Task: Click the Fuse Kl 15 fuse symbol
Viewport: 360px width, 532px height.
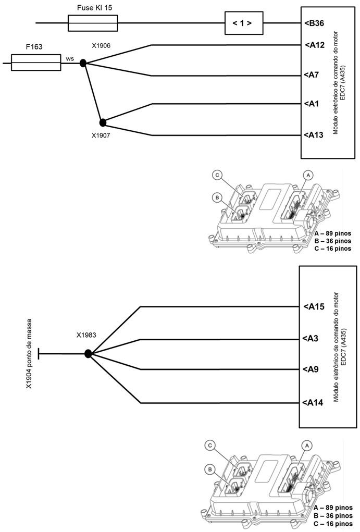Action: tap(93, 23)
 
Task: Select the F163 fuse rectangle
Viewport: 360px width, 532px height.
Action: tap(35, 63)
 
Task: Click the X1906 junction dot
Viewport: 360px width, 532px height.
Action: tap(83, 64)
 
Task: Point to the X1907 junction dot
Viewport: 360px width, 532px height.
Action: tap(103, 122)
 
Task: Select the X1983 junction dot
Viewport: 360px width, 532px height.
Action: tap(88, 354)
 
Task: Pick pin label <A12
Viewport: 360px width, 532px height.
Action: tap(314, 45)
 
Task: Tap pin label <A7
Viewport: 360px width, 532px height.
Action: tap(312, 75)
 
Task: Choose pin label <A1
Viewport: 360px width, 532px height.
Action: tap(312, 104)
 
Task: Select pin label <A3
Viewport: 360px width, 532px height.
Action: tap(312, 339)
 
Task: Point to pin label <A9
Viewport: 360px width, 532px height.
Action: tap(312, 370)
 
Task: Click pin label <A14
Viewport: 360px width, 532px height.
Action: tap(314, 402)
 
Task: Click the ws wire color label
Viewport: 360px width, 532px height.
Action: tap(70, 58)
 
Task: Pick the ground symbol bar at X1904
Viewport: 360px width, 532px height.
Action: tap(40, 354)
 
